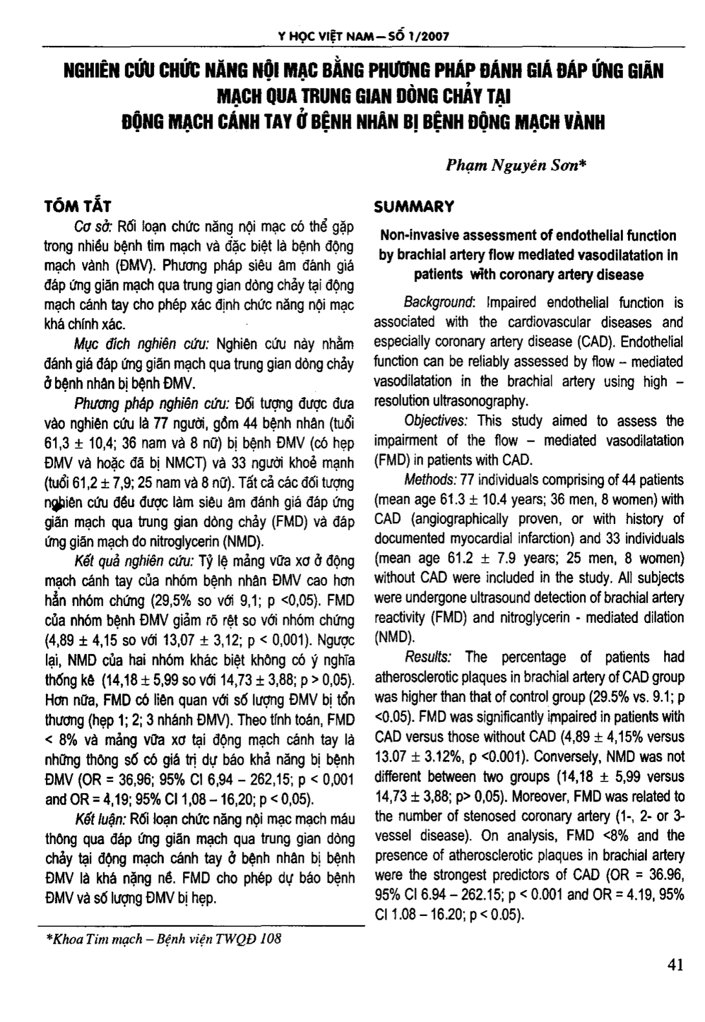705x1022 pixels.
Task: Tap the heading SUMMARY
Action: (415, 207)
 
